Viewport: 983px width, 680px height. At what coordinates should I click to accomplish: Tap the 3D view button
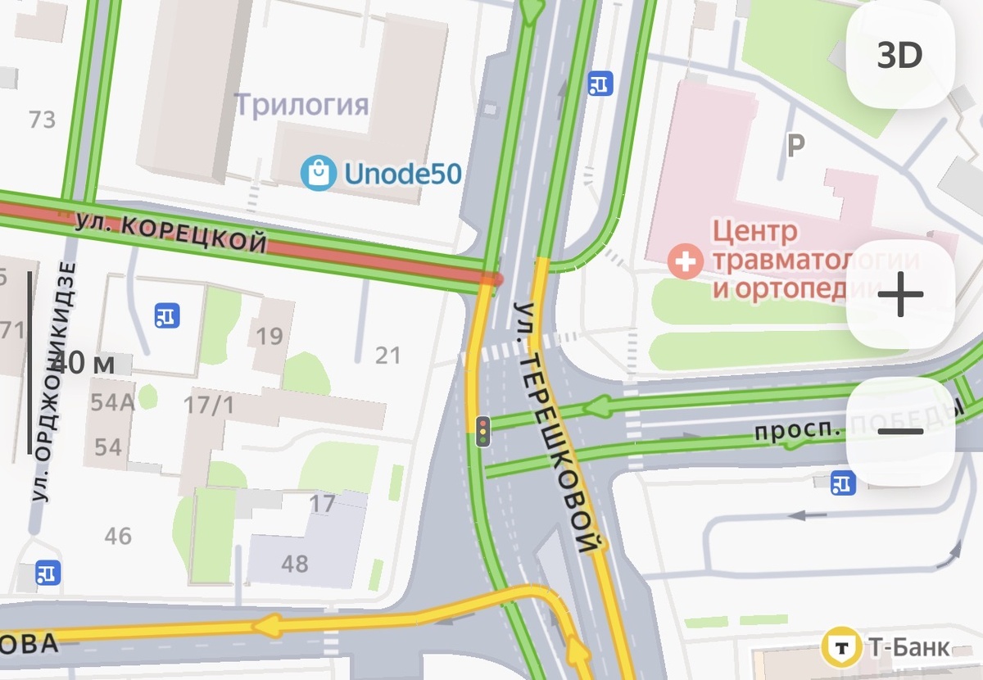[899, 56]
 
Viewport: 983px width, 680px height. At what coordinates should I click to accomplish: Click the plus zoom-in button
[899, 295]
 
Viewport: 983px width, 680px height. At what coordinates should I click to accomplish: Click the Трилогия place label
[301, 105]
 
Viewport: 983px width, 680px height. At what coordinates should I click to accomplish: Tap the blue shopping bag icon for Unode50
[318, 173]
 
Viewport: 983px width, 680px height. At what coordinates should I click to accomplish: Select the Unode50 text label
[402, 174]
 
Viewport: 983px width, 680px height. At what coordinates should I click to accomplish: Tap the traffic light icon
[483, 431]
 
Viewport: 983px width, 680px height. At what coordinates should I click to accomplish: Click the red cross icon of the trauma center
[683, 262]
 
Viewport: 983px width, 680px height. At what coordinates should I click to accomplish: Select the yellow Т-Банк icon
[840, 648]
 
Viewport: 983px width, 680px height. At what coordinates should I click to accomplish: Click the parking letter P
[795, 146]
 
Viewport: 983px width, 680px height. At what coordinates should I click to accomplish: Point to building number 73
[42, 120]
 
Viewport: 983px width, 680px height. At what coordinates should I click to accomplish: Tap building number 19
[270, 335]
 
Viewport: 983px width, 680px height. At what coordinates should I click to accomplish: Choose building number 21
[388, 356]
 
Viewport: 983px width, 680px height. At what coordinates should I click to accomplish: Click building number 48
[295, 564]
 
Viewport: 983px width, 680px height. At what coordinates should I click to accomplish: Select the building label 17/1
[208, 405]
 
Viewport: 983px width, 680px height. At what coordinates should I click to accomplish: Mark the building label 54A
[112, 401]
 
